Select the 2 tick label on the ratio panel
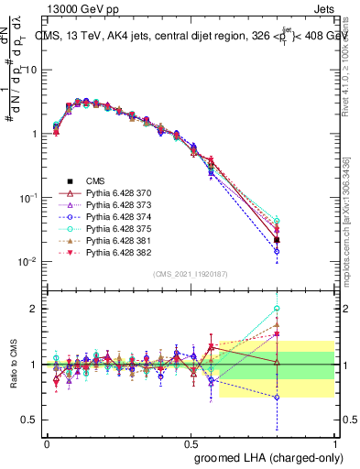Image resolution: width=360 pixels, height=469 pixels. (x=34, y=309)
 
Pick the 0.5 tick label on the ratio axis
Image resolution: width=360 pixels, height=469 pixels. (x=29, y=420)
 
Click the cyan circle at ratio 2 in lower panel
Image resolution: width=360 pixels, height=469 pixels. (x=328, y=309)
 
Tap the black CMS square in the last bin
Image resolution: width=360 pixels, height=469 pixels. (x=328, y=240)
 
